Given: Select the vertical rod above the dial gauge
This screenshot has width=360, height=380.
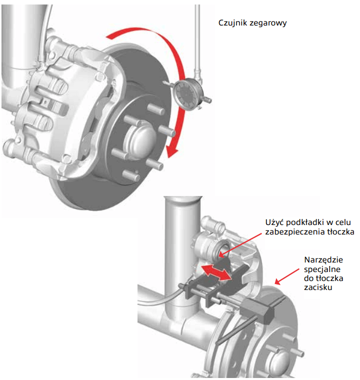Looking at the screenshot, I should pos(197,40).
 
